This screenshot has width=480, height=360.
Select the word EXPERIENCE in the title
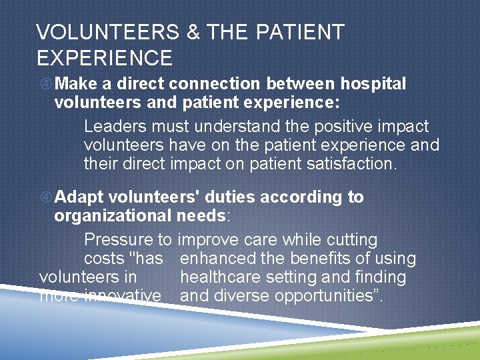[x=105, y=58]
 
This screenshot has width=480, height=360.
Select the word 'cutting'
[x=351, y=240]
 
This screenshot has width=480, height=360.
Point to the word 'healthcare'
[x=222, y=277]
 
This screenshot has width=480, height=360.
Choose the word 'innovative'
[x=122, y=295]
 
